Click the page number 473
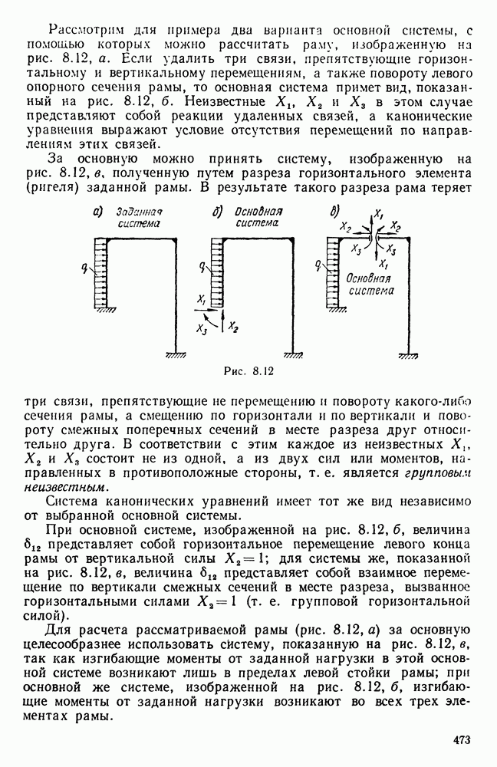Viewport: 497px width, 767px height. coord(461,740)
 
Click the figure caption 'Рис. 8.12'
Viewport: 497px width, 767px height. coord(248,372)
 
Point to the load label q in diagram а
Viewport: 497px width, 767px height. coord(90,269)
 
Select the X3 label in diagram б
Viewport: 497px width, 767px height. coord(201,331)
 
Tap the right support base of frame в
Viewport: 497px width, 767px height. coord(406,355)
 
